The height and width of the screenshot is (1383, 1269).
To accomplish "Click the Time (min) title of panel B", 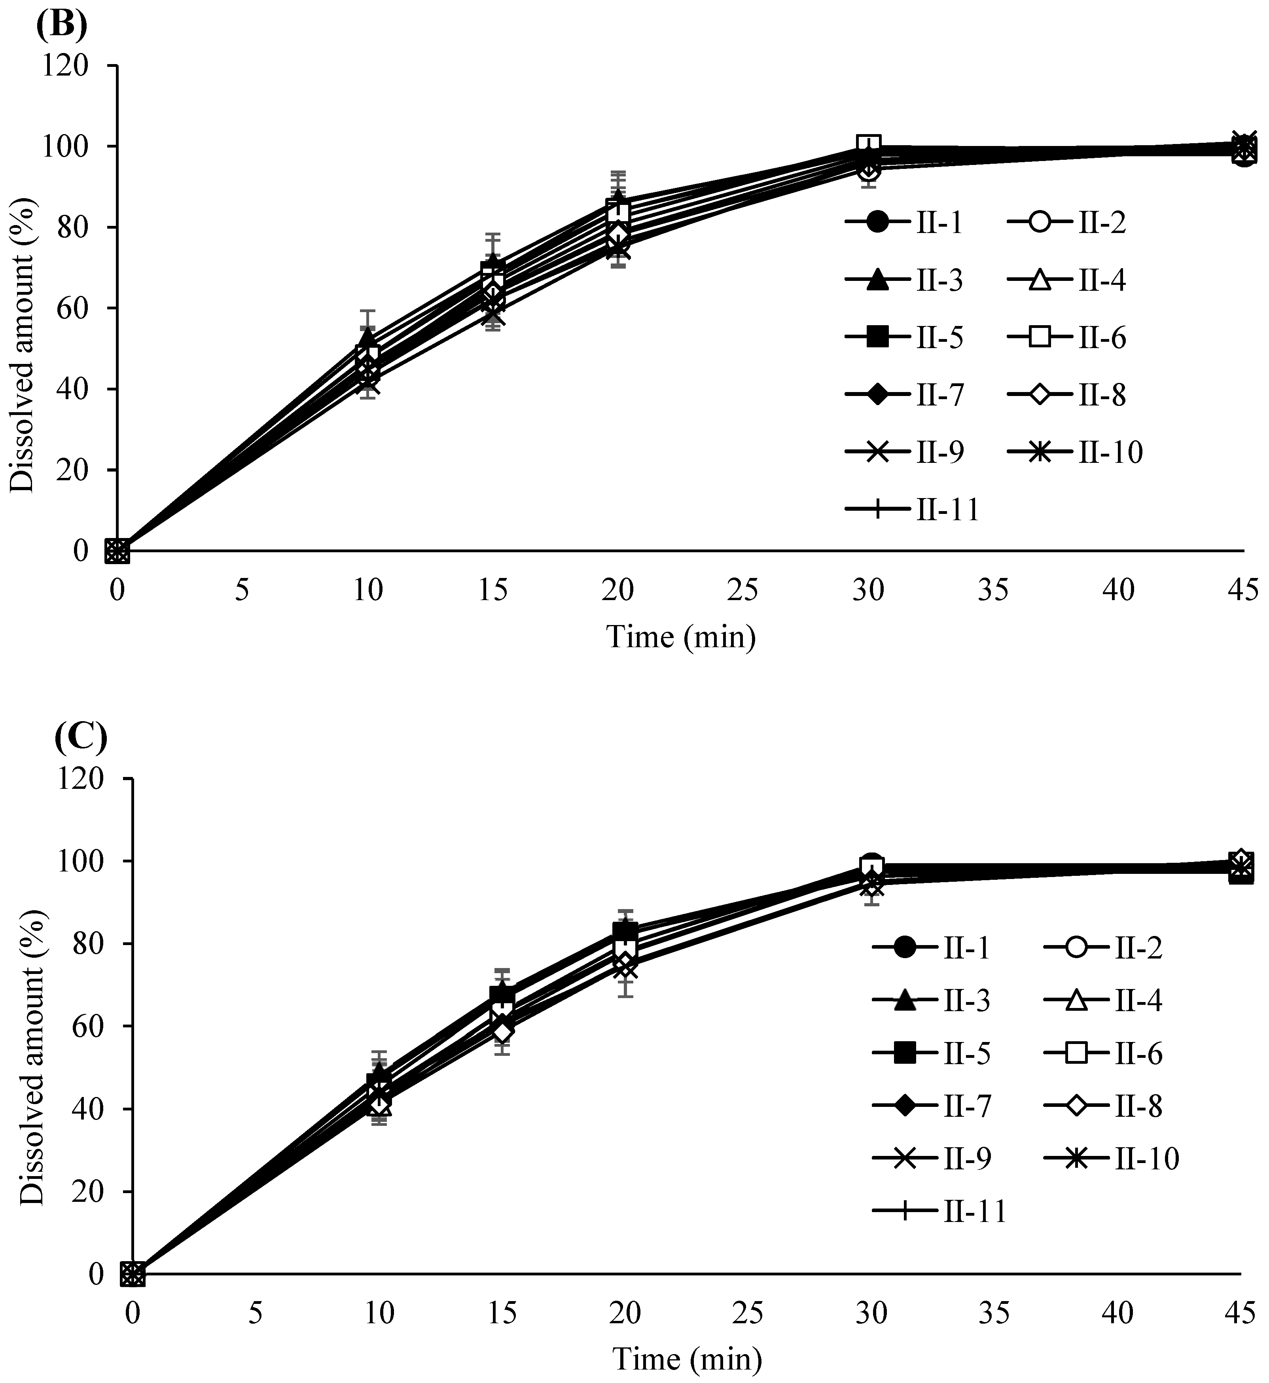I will (x=680, y=637).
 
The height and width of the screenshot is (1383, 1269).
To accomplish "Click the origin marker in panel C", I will (x=133, y=1275).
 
